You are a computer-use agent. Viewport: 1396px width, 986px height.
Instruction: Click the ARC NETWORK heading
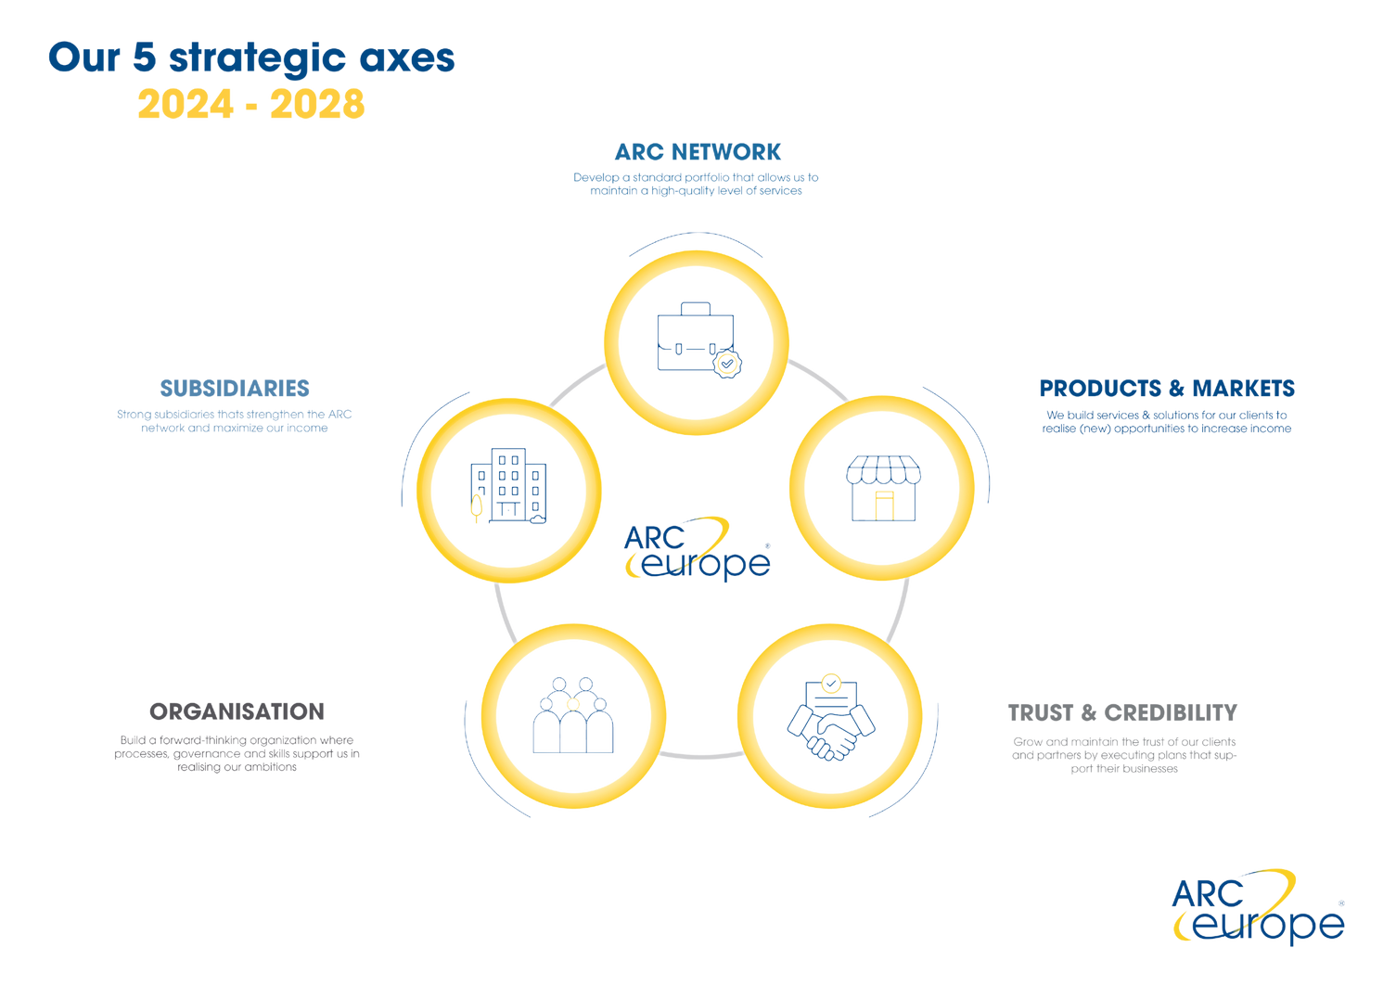(698, 151)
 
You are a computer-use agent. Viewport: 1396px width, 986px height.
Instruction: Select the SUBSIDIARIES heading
(235, 388)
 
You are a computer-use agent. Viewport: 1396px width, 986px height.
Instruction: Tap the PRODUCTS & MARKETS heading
(1166, 388)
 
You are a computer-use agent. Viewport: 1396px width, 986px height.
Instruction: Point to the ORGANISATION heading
(237, 711)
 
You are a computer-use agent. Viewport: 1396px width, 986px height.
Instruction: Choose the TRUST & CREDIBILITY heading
(1122, 712)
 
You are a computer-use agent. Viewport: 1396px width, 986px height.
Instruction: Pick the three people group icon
(572, 715)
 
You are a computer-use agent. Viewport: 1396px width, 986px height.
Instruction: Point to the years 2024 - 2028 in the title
(250, 105)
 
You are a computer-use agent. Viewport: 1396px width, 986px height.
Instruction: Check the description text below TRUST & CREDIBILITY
(1122, 755)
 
